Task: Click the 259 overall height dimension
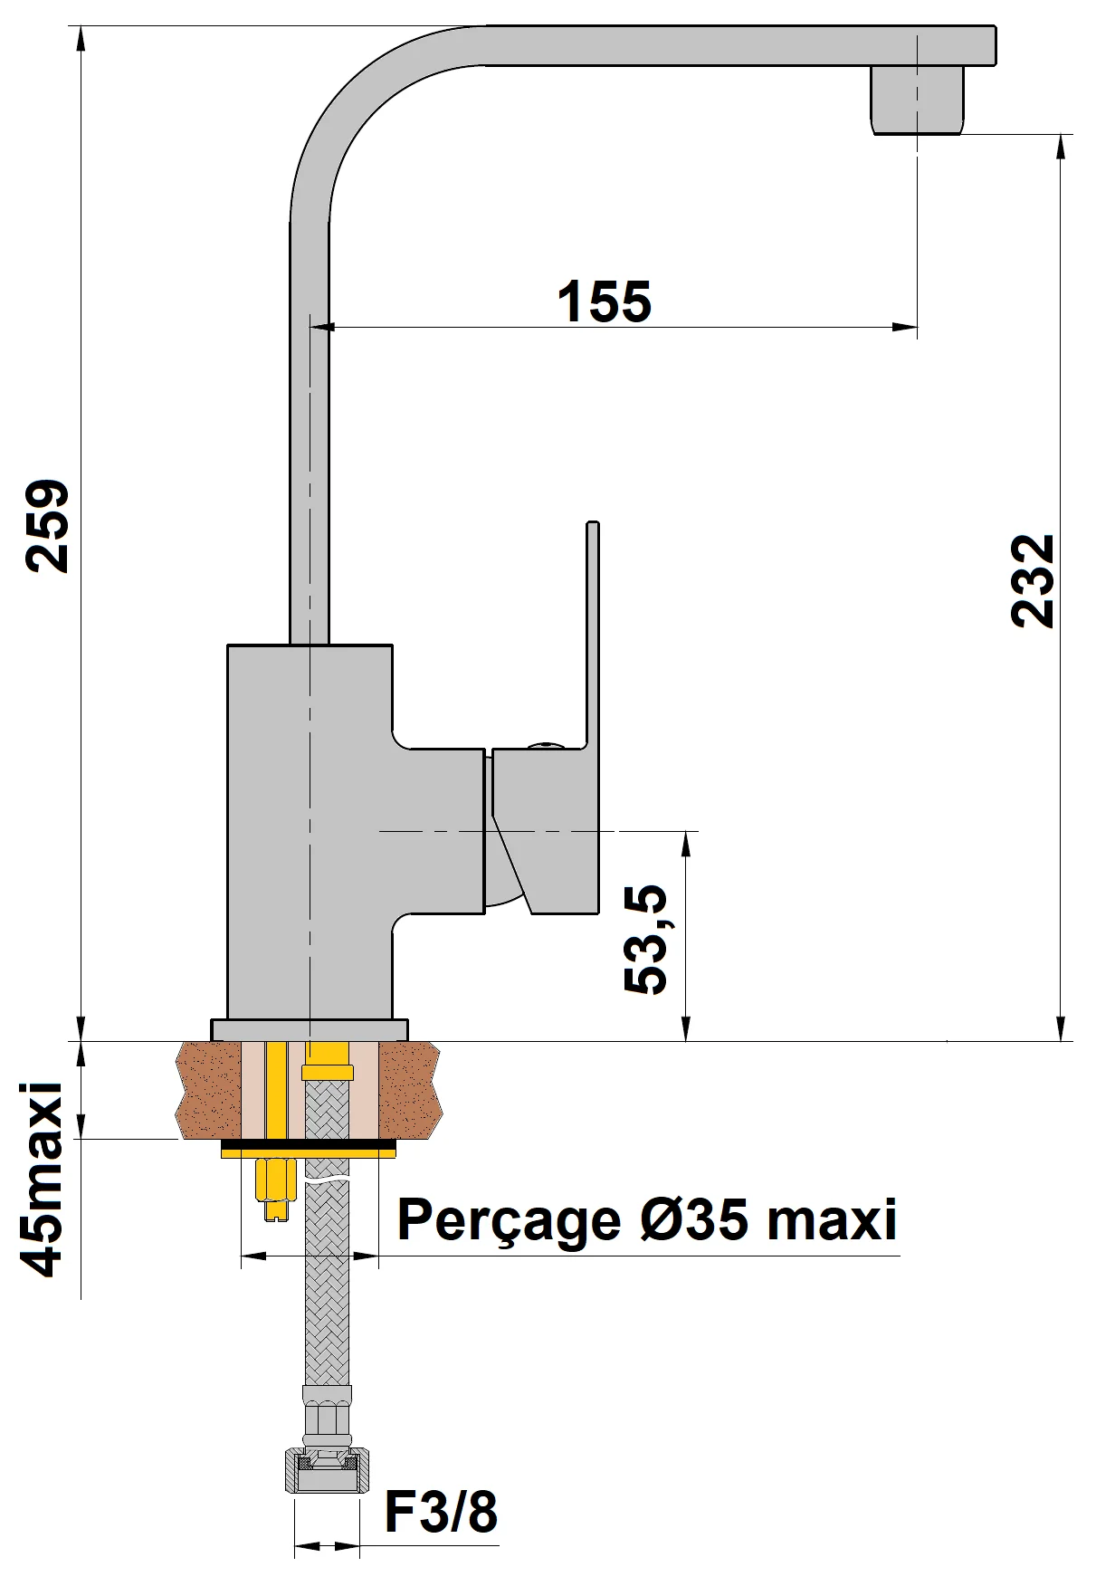[45, 527]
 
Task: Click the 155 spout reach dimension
[604, 301]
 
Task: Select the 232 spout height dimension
[1033, 581]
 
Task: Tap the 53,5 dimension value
[645, 941]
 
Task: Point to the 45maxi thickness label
[43, 1179]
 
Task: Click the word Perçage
[508, 1219]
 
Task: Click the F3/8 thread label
[441, 1512]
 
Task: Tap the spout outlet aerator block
[916, 100]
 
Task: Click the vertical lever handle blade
[593, 634]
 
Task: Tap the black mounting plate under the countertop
[309, 1149]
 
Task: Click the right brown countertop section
[409, 1090]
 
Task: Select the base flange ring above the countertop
[309, 1029]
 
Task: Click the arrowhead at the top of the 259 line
[81, 36]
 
